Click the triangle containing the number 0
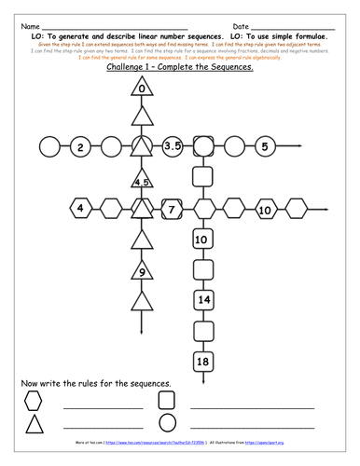[x=141, y=89]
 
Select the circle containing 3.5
[x=172, y=147]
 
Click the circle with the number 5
[x=265, y=147]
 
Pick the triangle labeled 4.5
[x=141, y=182]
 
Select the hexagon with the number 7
[x=172, y=210]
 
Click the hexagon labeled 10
[x=264, y=210]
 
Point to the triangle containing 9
[x=141, y=272]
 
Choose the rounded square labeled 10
[x=201, y=240]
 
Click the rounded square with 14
[x=201, y=299]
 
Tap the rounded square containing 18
[x=201, y=360]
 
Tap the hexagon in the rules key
[x=34, y=401]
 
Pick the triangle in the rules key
[x=34, y=424]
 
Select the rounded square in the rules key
[x=167, y=401]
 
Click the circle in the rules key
[x=167, y=424]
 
